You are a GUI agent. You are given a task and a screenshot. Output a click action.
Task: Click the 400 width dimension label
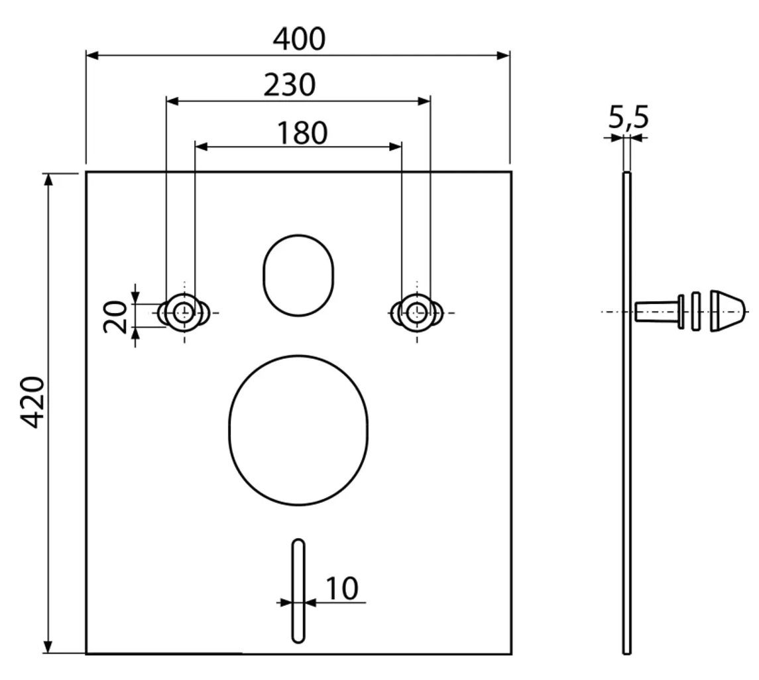[x=299, y=39]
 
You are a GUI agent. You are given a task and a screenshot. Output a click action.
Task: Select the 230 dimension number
[x=290, y=85]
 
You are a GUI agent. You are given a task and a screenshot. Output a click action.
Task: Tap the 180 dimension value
[x=302, y=133]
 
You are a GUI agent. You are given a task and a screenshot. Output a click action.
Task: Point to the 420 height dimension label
[x=34, y=401]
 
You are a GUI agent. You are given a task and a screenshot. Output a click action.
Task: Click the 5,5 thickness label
[x=628, y=117]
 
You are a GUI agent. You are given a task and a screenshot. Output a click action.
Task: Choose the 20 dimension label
[x=115, y=316]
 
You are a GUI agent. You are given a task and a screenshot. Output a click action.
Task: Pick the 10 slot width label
[x=342, y=588]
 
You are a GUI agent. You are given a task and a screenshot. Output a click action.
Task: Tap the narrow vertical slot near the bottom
[x=298, y=591]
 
